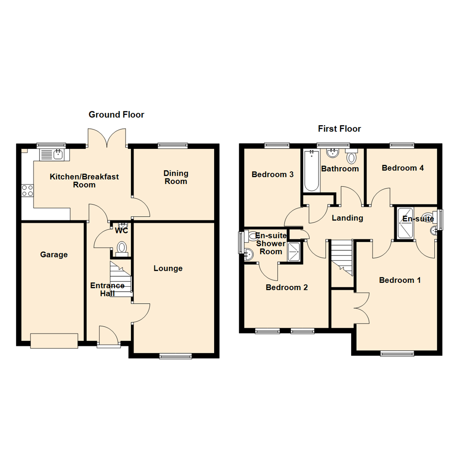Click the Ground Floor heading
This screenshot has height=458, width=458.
116,114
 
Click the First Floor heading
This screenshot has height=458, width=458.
339,129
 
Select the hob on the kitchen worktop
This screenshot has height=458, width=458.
28,190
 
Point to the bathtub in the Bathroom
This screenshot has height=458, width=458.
311,172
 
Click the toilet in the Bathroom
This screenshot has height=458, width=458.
352,157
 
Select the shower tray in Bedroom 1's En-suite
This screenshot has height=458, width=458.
405,223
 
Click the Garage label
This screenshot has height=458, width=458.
54,255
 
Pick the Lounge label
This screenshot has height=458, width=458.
168,268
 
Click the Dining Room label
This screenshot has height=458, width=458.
176,177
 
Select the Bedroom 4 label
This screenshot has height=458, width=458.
402,168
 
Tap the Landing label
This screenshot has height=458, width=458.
347,218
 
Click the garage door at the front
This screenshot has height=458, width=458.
54,341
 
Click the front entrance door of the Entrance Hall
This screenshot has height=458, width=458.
108,337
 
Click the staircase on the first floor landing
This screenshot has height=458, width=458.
342,256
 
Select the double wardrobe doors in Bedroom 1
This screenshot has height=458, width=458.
361,308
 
